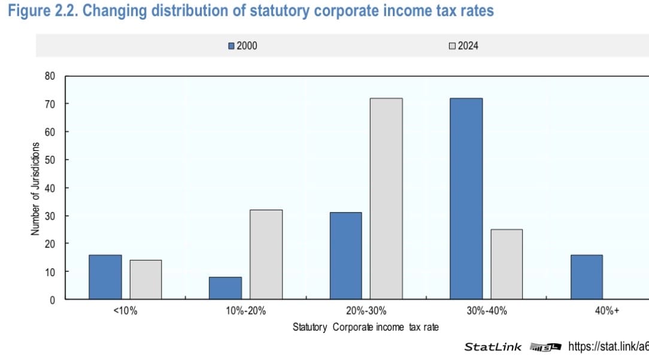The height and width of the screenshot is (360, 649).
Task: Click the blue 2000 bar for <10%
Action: click(x=105, y=277)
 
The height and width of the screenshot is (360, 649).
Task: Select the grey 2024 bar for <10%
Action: click(x=145, y=279)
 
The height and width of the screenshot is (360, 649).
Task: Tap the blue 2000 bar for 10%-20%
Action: click(x=226, y=288)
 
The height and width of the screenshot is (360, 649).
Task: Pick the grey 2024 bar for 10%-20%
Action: click(x=266, y=254)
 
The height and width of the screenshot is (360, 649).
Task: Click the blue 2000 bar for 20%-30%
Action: click(x=346, y=256)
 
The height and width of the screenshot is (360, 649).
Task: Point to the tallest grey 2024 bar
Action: click(x=386, y=198)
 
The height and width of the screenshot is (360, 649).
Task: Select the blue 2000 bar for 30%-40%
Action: click(x=466, y=198)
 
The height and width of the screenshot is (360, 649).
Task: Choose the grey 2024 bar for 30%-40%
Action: click(x=507, y=264)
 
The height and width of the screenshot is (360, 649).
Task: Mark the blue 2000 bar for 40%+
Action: click(x=587, y=277)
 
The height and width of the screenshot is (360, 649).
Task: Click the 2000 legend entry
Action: click(x=243, y=46)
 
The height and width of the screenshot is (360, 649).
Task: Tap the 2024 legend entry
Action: click(x=464, y=46)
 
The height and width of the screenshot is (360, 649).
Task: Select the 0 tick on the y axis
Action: click(x=52, y=300)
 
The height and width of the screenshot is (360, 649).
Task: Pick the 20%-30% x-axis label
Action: click(x=366, y=311)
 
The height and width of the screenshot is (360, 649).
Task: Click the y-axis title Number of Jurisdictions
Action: click(x=35, y=188)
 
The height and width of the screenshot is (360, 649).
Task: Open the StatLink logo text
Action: click(x=493, y=347)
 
